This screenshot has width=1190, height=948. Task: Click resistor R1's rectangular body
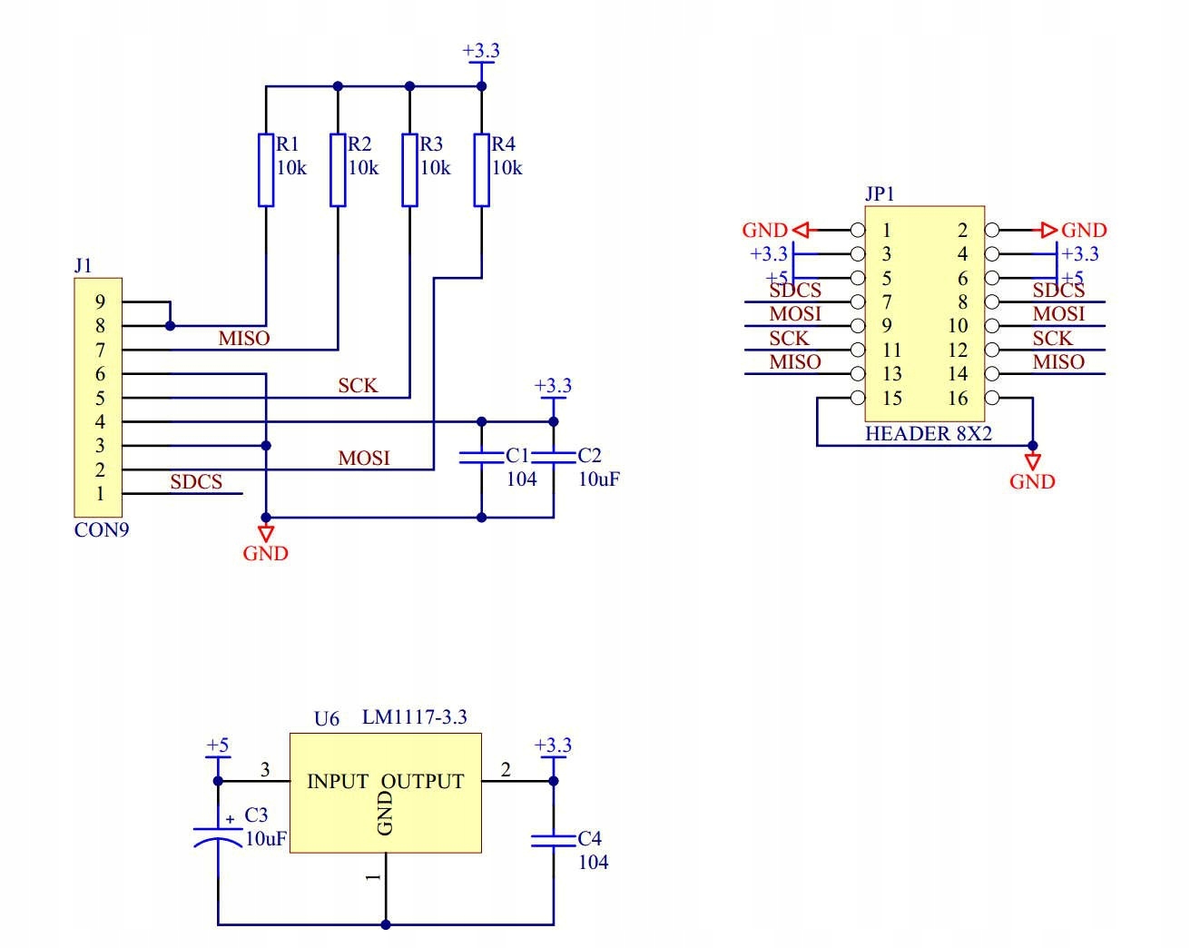266,170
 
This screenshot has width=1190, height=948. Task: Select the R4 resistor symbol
482,170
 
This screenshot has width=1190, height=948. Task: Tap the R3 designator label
431,144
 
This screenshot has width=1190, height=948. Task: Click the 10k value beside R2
363,168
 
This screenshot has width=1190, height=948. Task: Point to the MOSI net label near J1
364,458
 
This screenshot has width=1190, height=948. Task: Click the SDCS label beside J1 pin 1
196,482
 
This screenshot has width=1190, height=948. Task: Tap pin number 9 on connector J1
100,302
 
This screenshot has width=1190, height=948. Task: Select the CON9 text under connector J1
102,530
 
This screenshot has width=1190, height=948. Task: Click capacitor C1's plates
482,458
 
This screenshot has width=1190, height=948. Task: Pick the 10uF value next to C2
599,479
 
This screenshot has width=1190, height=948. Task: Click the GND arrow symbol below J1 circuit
266,533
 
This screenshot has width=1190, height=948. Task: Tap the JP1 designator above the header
880,194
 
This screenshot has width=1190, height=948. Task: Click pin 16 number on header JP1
959,399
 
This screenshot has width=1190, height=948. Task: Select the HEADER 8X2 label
929,434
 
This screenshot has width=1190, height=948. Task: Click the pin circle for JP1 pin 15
858,398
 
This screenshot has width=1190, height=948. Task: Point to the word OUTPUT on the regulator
423,782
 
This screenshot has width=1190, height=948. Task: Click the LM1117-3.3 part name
415,717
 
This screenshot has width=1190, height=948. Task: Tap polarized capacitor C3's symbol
218,837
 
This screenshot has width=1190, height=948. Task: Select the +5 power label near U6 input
217,745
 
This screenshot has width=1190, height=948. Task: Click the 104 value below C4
594,863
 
